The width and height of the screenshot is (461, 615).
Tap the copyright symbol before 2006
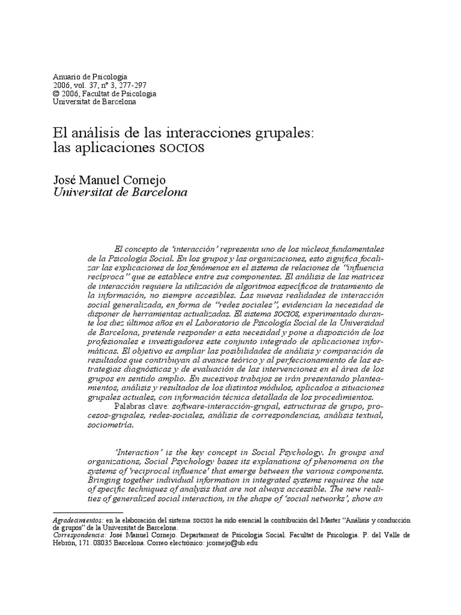(x=56, y=94)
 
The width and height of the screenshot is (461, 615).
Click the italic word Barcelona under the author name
(x=158, y=193)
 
